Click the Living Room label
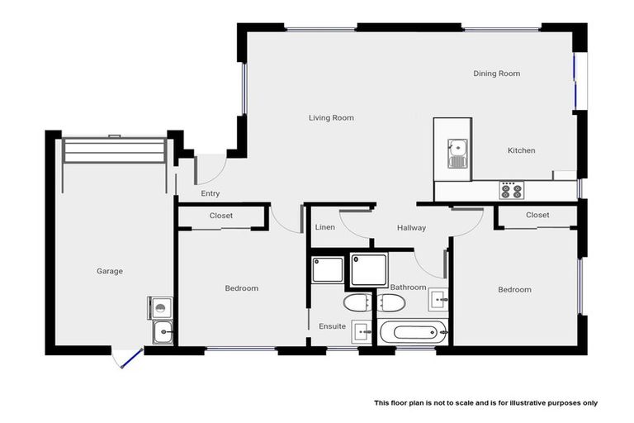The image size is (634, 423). click(331, 118)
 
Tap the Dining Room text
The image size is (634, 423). click(496, 74)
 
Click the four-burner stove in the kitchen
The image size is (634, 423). click(512, 190)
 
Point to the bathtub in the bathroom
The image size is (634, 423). click(414, 334)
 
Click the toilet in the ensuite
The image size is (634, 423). click(358, 301)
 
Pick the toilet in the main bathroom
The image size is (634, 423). click(390, 303)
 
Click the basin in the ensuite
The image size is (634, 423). click(361, 330)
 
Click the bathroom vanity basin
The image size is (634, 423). click(437, 299)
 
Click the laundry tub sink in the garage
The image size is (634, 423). click(162, 333)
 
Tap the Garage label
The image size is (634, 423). click(110, 271)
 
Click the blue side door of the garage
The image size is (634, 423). click(129, 358)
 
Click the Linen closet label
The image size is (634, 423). click(324, 227)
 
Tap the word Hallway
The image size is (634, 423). click(411, 228)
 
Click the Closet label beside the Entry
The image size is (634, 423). click(220, 216)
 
